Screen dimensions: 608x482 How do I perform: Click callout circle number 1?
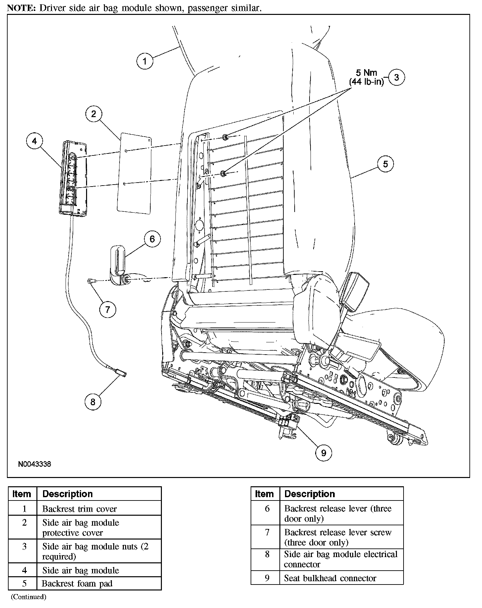tap(145, 61)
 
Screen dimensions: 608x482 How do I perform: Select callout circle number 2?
tap(94, 114)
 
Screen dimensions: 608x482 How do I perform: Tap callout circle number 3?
tap(396, 77)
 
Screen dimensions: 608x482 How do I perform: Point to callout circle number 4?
tap(34, 141)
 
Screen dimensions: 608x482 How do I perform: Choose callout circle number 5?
tap(385, 164)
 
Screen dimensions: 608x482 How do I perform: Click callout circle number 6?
tap(152, 239)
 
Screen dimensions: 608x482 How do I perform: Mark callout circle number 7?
tap(108, 310)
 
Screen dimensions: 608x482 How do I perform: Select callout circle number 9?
tap(323, 453)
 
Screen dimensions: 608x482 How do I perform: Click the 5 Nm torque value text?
tap(366, 73)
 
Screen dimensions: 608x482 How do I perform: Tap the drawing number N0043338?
tap(34, 464)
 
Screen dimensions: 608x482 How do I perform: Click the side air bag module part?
tap(73, 179)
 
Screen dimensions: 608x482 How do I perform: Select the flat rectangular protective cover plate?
tap(134, 174)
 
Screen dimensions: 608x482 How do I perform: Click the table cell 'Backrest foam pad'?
tap(77, 584)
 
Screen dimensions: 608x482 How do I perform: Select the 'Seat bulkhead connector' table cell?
tap(330, 578)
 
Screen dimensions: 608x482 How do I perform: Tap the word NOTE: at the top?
tap(22, 8)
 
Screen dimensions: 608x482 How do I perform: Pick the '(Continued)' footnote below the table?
tap(28, 597)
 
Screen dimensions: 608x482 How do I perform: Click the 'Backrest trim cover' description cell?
tap(79, 509)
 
